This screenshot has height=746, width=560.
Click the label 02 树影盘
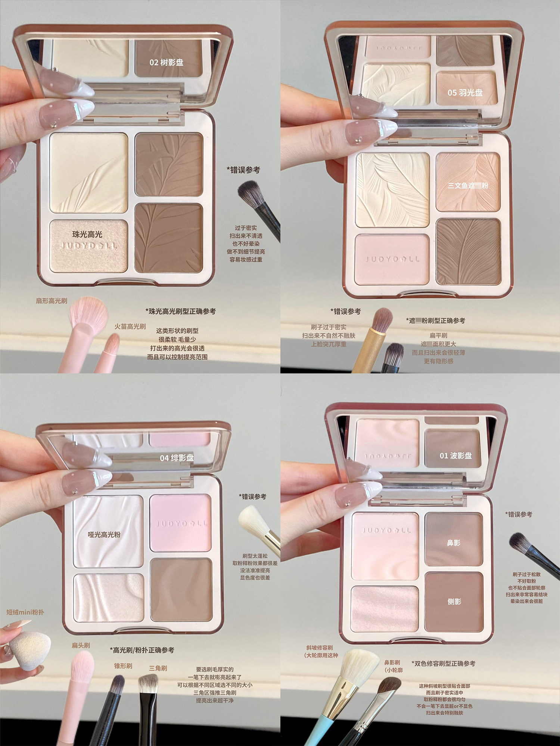[167, 62]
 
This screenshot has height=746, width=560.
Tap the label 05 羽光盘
[465, 93]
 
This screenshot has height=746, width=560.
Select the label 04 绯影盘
[177, 458]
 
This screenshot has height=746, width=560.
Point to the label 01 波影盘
[455, 455]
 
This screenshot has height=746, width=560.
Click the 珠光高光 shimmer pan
[88, 246]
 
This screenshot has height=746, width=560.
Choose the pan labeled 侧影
[454, 602]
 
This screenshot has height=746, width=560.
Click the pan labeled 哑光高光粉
[108, 531]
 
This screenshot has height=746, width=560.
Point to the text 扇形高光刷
[52, 301]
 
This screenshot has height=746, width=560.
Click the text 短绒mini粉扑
[25, 612]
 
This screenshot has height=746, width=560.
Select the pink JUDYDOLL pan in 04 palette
[181, 523]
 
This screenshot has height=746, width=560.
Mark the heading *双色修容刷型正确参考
[443, 663]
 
